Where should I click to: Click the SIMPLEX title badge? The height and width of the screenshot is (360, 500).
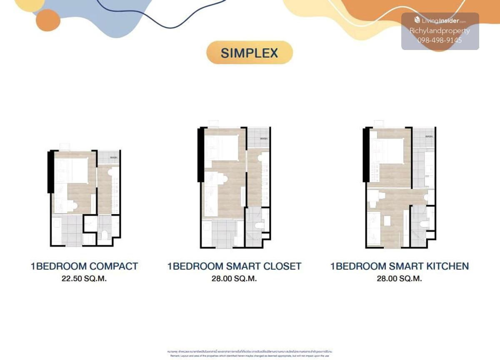pos(250,53)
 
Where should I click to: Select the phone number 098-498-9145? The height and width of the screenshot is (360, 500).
pos(440,40)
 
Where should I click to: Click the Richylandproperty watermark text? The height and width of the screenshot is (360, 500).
pos(440,30)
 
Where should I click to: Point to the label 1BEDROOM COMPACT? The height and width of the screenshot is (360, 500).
pos(84,266)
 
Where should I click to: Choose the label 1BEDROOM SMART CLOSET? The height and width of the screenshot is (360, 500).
pos(234,266)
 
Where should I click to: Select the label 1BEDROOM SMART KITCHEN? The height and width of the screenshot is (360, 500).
pos(400,266)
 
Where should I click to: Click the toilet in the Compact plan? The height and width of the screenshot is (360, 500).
pos(105,235)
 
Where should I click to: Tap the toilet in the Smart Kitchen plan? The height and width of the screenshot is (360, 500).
pos(424,224)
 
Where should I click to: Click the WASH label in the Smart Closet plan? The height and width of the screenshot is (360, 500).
pos(263,139)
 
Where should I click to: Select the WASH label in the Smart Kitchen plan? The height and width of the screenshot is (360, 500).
pos(429,137)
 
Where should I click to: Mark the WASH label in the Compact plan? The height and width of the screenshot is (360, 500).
pos(113,157)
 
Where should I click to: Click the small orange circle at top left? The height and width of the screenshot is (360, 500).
pos(48,20)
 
